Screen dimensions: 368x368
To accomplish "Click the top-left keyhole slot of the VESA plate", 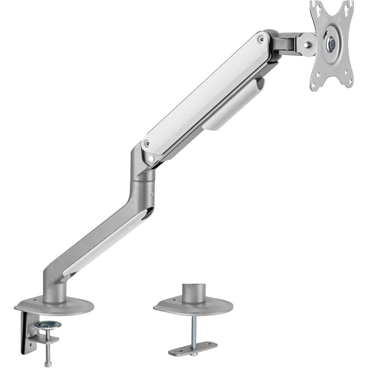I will [317, 7].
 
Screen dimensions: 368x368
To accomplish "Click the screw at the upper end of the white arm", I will [261, 39].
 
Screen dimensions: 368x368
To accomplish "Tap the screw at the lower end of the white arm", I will [148, 144].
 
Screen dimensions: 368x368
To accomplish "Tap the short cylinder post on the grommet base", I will [193, 293].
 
